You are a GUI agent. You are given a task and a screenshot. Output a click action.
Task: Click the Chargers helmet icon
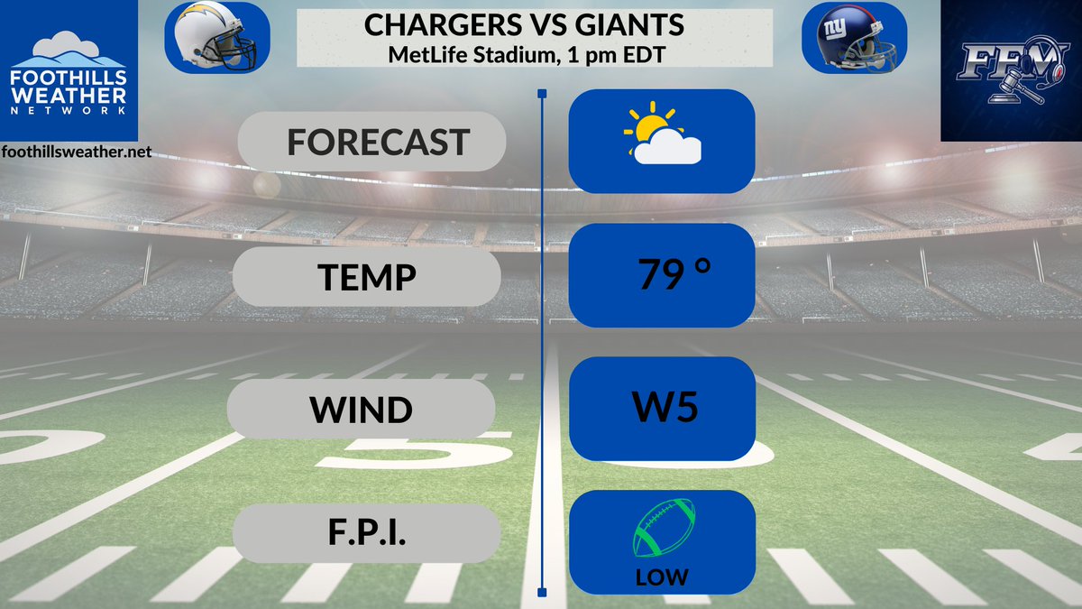217,37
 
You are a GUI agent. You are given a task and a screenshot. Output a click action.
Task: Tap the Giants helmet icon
853,38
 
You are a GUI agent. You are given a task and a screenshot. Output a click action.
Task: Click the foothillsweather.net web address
76,152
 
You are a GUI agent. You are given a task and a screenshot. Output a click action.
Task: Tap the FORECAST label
378,142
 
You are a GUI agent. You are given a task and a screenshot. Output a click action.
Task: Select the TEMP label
366,277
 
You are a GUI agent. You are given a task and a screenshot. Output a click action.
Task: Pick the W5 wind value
665,409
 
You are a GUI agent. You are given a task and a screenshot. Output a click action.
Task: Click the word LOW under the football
662,577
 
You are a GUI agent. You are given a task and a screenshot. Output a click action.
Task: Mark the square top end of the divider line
541,93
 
